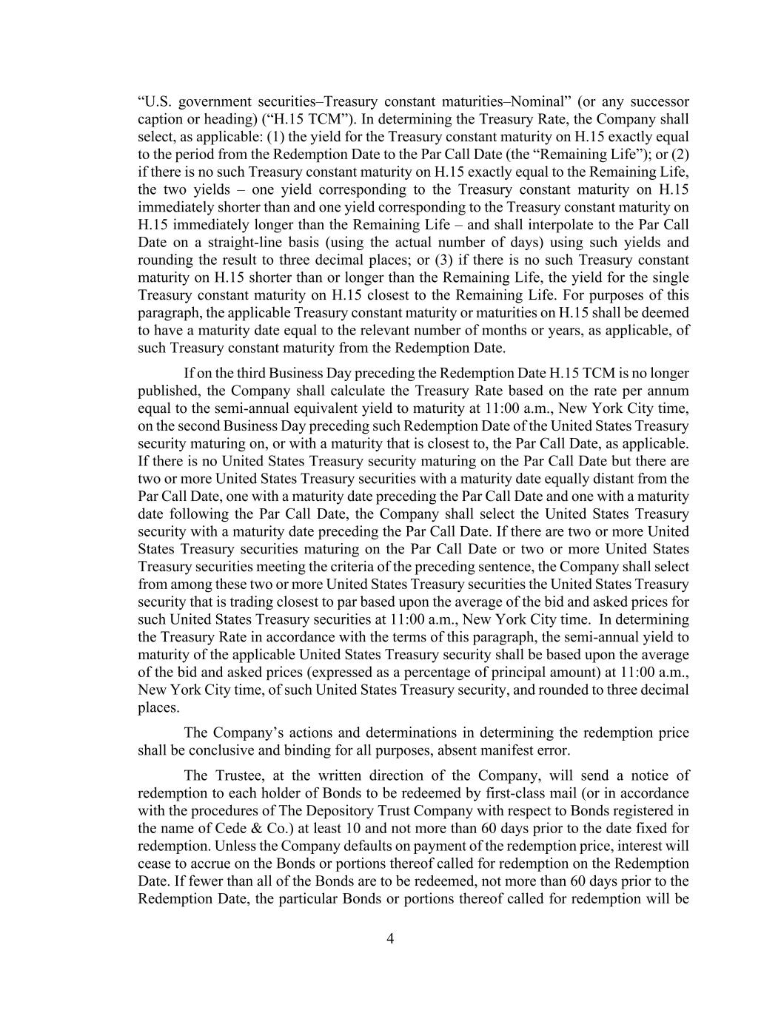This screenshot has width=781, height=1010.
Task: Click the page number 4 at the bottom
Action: (x=390, y=939)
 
